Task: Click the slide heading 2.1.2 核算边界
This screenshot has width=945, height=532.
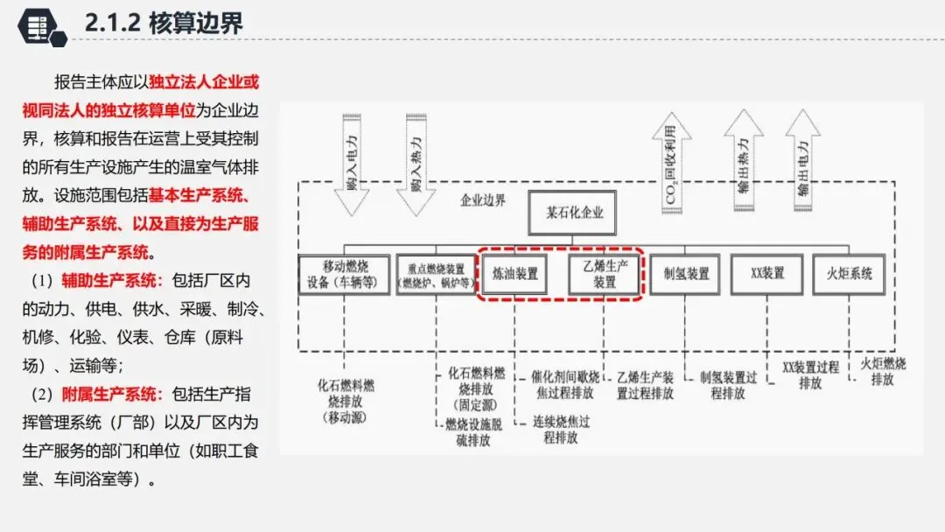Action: pyautogui.click(x=164, y=23)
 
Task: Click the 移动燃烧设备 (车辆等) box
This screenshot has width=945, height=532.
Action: pyautogui.click(x=342, y=274)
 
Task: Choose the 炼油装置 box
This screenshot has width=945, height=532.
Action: pyautogui.click(x=515, y=274)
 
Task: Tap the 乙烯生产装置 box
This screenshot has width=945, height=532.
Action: pyautogui.click(x=604, y=274)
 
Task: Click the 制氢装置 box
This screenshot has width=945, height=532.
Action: pyautogui.click(x=686, y=274)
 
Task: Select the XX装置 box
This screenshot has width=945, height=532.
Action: pyautogui.click(x=766, y=274)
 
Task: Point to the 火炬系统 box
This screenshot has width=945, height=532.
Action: pyautogui.click(x=849, y=274)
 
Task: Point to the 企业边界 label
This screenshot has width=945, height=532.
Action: pyautogui.click(x=483, y=199)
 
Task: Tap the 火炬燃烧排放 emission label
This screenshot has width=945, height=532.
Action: pyautogui.click(x=883, y=372)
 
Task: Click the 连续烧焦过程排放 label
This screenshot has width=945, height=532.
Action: pyautogui.click(x=561, y=429)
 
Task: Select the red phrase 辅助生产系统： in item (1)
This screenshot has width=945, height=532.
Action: pyautogui.click(x=112, y=281)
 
